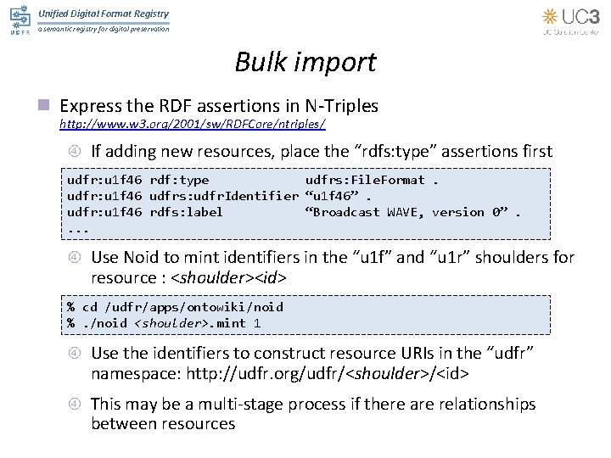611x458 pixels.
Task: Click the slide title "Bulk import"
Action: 305,63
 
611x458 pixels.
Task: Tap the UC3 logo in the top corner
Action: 573,20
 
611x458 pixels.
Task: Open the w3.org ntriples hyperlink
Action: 192,125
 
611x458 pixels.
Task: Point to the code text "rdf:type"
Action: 178,180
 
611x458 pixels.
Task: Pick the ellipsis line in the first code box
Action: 78,228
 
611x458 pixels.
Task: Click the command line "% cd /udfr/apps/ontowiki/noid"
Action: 175,306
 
